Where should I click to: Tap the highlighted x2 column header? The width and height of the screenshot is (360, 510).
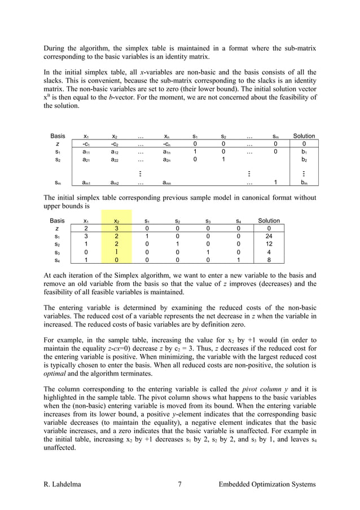tap(117, 220)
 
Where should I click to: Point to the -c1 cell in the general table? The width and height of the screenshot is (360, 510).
tap(85, 144)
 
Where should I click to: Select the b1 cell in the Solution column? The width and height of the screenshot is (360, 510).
tap(305, 152)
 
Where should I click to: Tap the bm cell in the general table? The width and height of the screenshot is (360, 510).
tap(305, 183)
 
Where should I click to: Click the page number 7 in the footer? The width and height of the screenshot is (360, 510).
tap(179, 485)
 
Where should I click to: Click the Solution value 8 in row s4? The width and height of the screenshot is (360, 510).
tap(269, 261)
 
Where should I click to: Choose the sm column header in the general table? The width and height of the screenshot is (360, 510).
tap(275, 136)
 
